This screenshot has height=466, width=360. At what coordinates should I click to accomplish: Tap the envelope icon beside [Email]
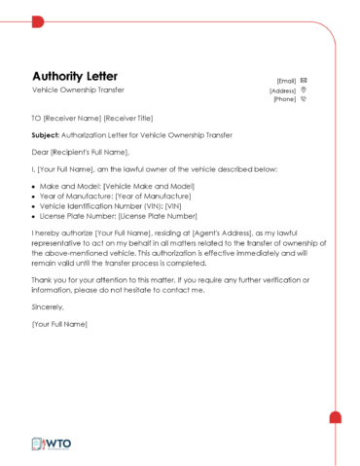pyautogui.click(x=305, y=80)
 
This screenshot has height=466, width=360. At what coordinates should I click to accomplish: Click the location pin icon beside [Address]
pyautogui.click(x=305, y=90)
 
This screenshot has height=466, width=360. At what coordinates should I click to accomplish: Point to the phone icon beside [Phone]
pyautogui.click(x=305, y=98)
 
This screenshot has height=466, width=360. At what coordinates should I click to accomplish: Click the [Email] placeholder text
pyautogui.click(x=287, y=80)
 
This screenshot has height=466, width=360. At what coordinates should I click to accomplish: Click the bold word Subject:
pyautogui.click(x=46, y=135)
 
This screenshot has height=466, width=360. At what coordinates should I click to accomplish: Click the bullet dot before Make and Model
pyautogui.click(x=34, y=186)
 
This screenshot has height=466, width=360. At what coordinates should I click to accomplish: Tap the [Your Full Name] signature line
pyautogui.click(x=59, y=323)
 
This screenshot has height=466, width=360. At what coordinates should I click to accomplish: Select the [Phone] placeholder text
pyautogui.click(x=285, y=98)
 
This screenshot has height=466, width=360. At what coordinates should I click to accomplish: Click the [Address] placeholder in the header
pyautogui.click(x=283, y=90)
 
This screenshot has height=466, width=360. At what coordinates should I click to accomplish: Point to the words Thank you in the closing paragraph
pyautogui.click(x=50, y=280)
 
